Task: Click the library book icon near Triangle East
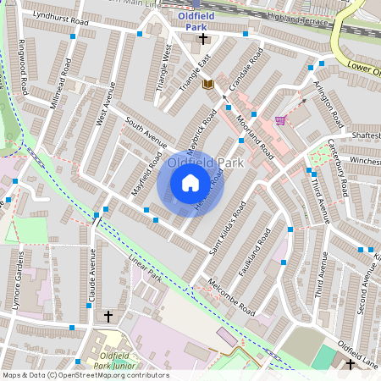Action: (208, 83)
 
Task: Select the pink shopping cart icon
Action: (280, 120)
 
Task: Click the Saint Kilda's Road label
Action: (228, 229)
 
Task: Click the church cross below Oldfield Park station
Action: (203, 39)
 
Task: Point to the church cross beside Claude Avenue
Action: (108, 316)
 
